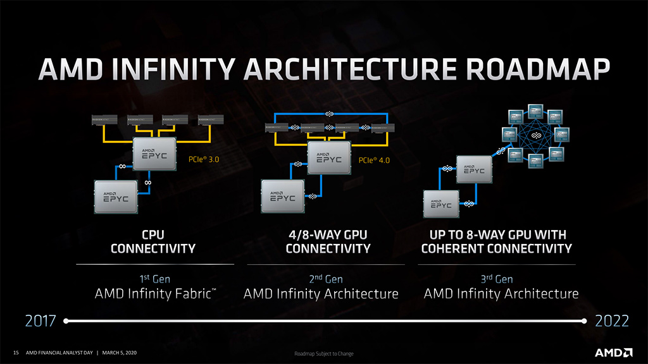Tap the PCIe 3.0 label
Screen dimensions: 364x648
pyautogui.click(x=204, y=160)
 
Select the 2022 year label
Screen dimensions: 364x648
pyautogui.click(x=611, y=321)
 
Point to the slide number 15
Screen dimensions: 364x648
pyautogui.click(x=16, y=353)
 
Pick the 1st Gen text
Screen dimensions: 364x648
pyautogui.click(x=154, y=279)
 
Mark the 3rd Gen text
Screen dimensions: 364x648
pyautogui.click(x=496, y=279)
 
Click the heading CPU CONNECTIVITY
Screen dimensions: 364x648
pyautogui.click(x=153, y=241)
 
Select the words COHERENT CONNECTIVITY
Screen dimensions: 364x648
pyautogui.click(x=496, y=248)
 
